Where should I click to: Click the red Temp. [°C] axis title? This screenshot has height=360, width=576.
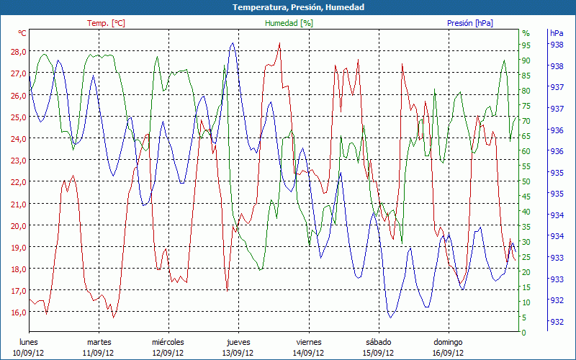point(106,23)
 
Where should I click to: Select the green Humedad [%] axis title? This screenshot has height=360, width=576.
point(289,23)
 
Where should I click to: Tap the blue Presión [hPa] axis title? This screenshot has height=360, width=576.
point(470,23)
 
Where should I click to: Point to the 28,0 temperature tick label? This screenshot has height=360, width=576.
point(18,52)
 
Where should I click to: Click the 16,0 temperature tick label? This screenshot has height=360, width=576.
point(18,312)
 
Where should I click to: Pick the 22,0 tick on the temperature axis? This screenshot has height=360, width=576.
point(18,181)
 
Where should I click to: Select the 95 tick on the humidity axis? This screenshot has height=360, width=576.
point(526,45)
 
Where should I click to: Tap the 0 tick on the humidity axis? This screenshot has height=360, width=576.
point(524,333)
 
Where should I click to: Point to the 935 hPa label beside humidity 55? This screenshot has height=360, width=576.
point(557,173)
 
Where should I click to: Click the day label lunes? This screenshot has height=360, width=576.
point(28,342)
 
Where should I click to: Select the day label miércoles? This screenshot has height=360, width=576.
point(168,342)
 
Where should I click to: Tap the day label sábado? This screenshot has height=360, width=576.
point(378,342)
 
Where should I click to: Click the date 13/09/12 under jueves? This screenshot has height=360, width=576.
point(238,353)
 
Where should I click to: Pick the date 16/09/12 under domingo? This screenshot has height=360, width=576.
point(448,353)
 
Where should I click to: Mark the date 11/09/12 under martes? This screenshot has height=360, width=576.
point(99,353)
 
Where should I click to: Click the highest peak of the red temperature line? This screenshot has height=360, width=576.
point(279,43)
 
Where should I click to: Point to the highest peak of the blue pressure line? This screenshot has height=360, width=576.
point(232,43)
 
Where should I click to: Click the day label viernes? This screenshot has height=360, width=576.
point(308,342)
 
